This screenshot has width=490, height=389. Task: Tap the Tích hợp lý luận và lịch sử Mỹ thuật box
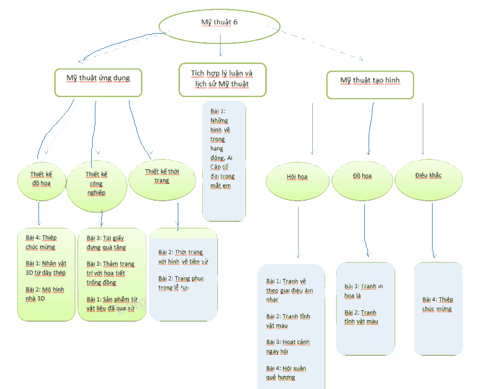(222, 79)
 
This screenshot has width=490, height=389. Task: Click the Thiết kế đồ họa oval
(41, 178)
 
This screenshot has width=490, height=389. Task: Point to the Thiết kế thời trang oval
(162, 176)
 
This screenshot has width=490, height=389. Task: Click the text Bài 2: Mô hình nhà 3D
(44, 294)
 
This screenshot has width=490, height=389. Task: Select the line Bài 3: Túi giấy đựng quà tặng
(106, 243)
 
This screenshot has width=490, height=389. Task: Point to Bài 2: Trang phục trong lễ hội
(180, 283)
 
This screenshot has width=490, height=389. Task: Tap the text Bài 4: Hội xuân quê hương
(286, 372)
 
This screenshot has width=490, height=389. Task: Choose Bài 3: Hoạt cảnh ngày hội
(288, 347)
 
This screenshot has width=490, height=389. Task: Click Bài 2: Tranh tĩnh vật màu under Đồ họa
(360, 317)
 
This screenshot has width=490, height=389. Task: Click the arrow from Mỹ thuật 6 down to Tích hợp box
(220, 49)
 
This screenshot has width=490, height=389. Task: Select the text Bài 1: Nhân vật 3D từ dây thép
(46, 268)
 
